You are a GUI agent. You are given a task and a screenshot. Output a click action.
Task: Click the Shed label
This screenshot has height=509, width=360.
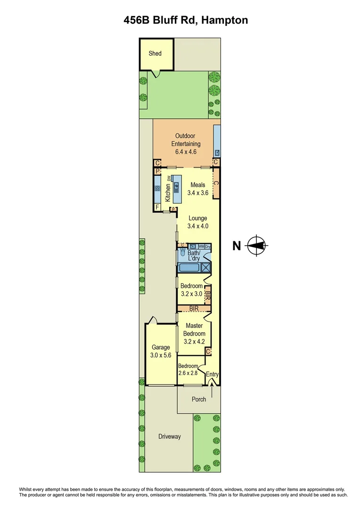(155, 53)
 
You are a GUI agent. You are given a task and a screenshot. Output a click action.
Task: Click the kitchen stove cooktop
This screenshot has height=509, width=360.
(157, 188)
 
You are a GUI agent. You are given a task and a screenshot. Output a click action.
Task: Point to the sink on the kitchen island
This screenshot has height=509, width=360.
(176, 187)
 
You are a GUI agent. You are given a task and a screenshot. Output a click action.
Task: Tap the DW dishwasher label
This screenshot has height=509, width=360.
(168, 178)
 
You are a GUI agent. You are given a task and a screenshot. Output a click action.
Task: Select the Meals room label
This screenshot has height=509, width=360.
(198, 185)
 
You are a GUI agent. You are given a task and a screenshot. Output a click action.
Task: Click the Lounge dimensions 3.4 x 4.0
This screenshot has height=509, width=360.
(198, 226)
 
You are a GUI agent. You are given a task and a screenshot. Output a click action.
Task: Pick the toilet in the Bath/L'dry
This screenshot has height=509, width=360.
(182, 254)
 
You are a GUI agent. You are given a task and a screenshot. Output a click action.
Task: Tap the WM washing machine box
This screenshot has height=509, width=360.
(201, 246)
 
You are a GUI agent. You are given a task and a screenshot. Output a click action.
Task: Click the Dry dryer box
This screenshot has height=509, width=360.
(208, 246)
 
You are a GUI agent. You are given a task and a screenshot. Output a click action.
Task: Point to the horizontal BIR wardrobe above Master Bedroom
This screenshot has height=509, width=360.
(194, 308)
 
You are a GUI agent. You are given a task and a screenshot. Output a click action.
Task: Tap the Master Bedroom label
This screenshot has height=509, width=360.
(194, 329)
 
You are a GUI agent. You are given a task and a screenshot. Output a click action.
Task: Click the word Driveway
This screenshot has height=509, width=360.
(169, 436)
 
